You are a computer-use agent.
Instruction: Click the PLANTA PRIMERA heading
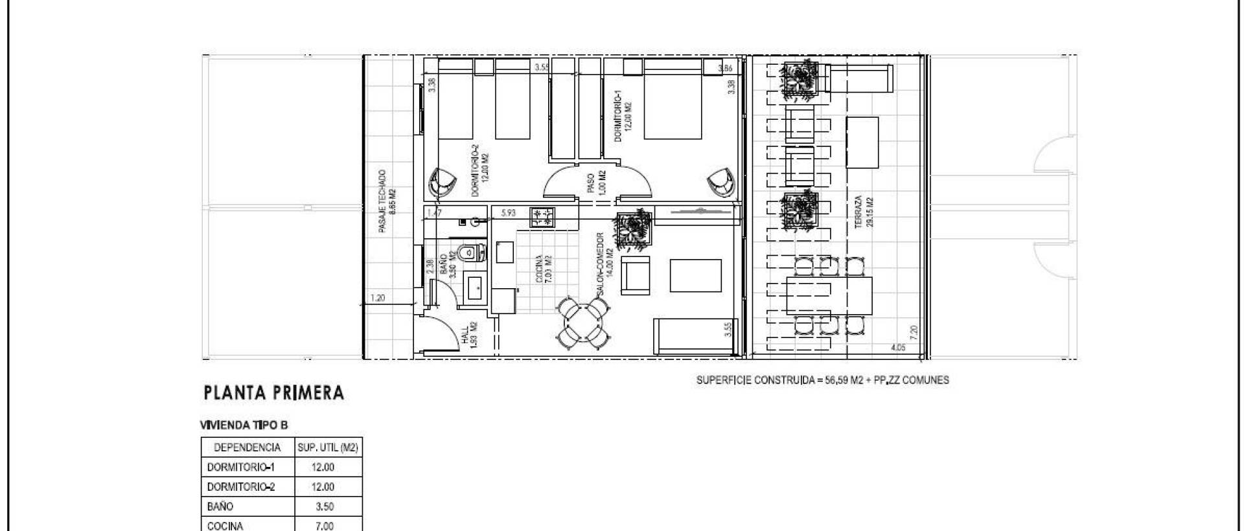pos(273,393)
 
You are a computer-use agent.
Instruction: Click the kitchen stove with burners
pos(542,217)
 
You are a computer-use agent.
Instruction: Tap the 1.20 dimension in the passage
pos(377,299)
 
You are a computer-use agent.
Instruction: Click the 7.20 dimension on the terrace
pos(914,333)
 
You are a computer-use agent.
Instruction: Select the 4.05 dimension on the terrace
pos(898,348)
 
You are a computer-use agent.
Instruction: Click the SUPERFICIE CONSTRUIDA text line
pos(822,380)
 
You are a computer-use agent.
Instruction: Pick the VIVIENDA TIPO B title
pos(244,425)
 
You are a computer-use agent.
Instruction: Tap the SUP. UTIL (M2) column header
pos(328,447)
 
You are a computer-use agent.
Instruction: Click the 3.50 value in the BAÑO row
pos(325,506)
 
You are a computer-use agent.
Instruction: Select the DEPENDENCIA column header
pos(247,447)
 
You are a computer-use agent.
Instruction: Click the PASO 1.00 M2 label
pos(595,181)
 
